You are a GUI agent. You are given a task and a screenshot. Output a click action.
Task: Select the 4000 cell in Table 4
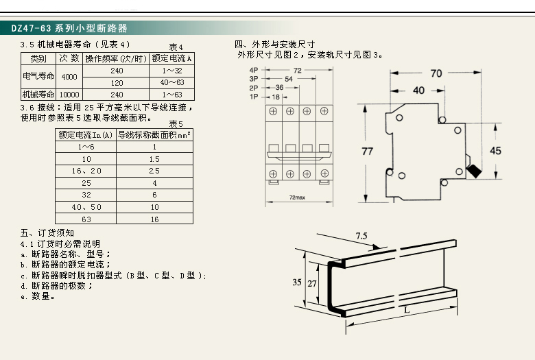(x=69, y=76)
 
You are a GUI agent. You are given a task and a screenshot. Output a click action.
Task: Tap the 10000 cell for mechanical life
(x=69, y=94)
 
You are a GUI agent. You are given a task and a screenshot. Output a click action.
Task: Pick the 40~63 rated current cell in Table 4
(x=172, y=82)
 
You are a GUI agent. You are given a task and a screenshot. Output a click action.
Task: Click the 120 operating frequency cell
(x=117, y=82)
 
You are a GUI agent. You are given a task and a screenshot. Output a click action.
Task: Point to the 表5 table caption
(x=176, y=123)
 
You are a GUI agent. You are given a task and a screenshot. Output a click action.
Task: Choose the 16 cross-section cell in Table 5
(x=154, y=219)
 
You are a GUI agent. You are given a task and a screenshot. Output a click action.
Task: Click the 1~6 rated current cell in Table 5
(x=86, y=147)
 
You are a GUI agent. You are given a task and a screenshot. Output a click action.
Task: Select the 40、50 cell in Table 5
(x=86, y=207)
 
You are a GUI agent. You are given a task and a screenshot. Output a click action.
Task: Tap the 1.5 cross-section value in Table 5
(x=154, y=159)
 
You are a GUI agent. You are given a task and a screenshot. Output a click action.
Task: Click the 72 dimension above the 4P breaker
(x=297, y=71)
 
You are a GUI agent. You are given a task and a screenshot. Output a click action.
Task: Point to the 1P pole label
(x=253, y=97)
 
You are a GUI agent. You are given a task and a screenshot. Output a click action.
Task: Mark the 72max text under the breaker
(x=297, y=197)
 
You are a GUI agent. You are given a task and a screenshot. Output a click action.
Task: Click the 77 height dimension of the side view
(x=367, y=151)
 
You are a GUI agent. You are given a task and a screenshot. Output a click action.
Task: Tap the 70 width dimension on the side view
(x=436, y=73)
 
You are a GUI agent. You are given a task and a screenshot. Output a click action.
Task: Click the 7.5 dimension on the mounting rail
(x=361, y=236)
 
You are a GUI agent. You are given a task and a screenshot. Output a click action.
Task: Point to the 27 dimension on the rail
(x=313, y=283)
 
